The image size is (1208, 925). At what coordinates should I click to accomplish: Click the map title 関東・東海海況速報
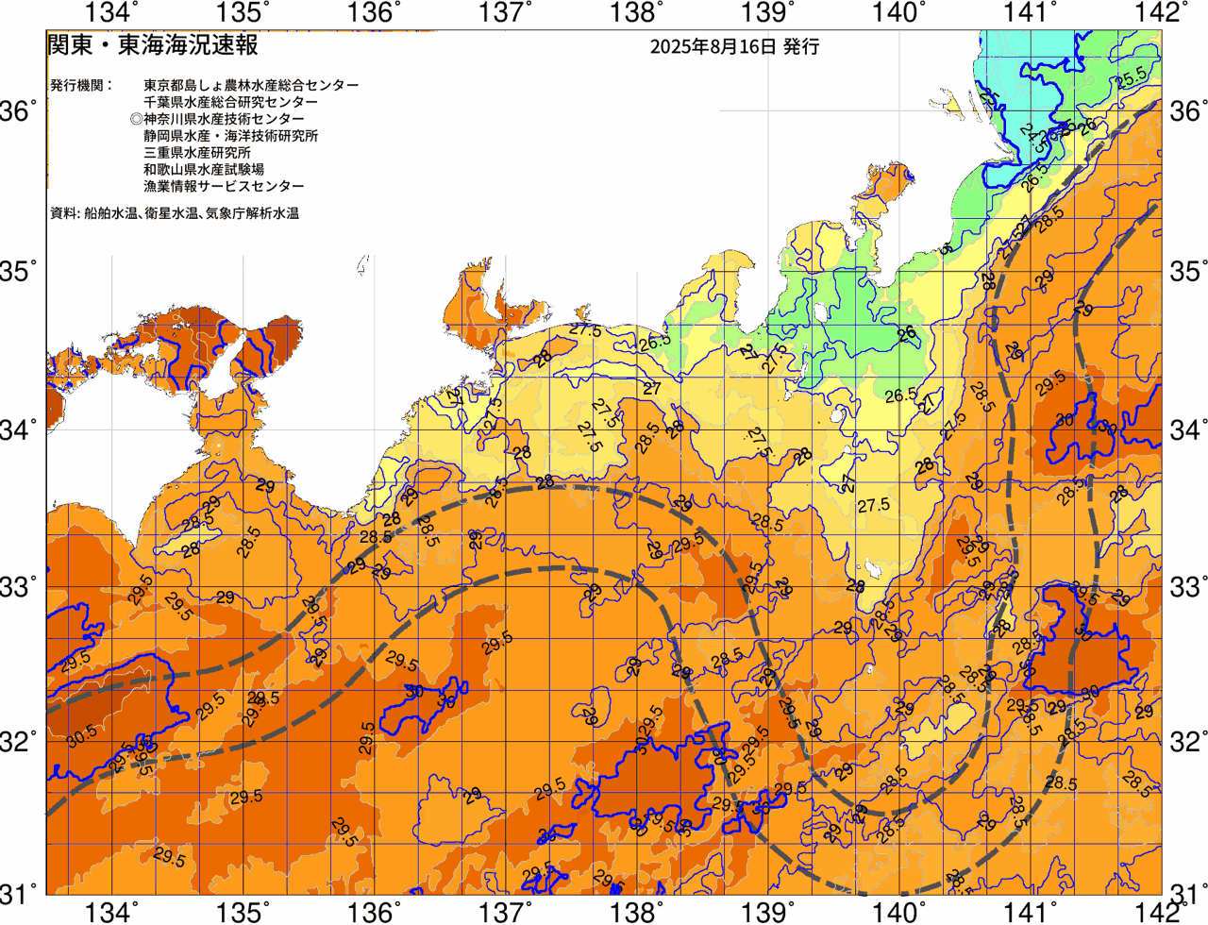(152, 45)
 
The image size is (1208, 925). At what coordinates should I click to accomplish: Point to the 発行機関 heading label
(81, 85)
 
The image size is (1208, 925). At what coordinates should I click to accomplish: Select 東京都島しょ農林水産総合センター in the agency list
(251, 85)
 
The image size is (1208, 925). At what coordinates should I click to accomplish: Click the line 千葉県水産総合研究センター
(230, 102)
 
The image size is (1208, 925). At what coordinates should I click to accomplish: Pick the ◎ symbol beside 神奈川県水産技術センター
(137, 119)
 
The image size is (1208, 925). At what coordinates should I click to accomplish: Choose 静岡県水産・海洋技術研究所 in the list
(230, 136)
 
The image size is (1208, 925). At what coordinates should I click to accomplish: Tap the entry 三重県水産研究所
(197, 153)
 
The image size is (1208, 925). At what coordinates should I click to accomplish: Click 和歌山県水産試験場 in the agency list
(204, 170)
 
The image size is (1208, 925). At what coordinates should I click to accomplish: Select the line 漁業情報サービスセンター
(224, 187)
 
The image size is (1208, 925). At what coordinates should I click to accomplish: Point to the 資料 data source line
(175, 214)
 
